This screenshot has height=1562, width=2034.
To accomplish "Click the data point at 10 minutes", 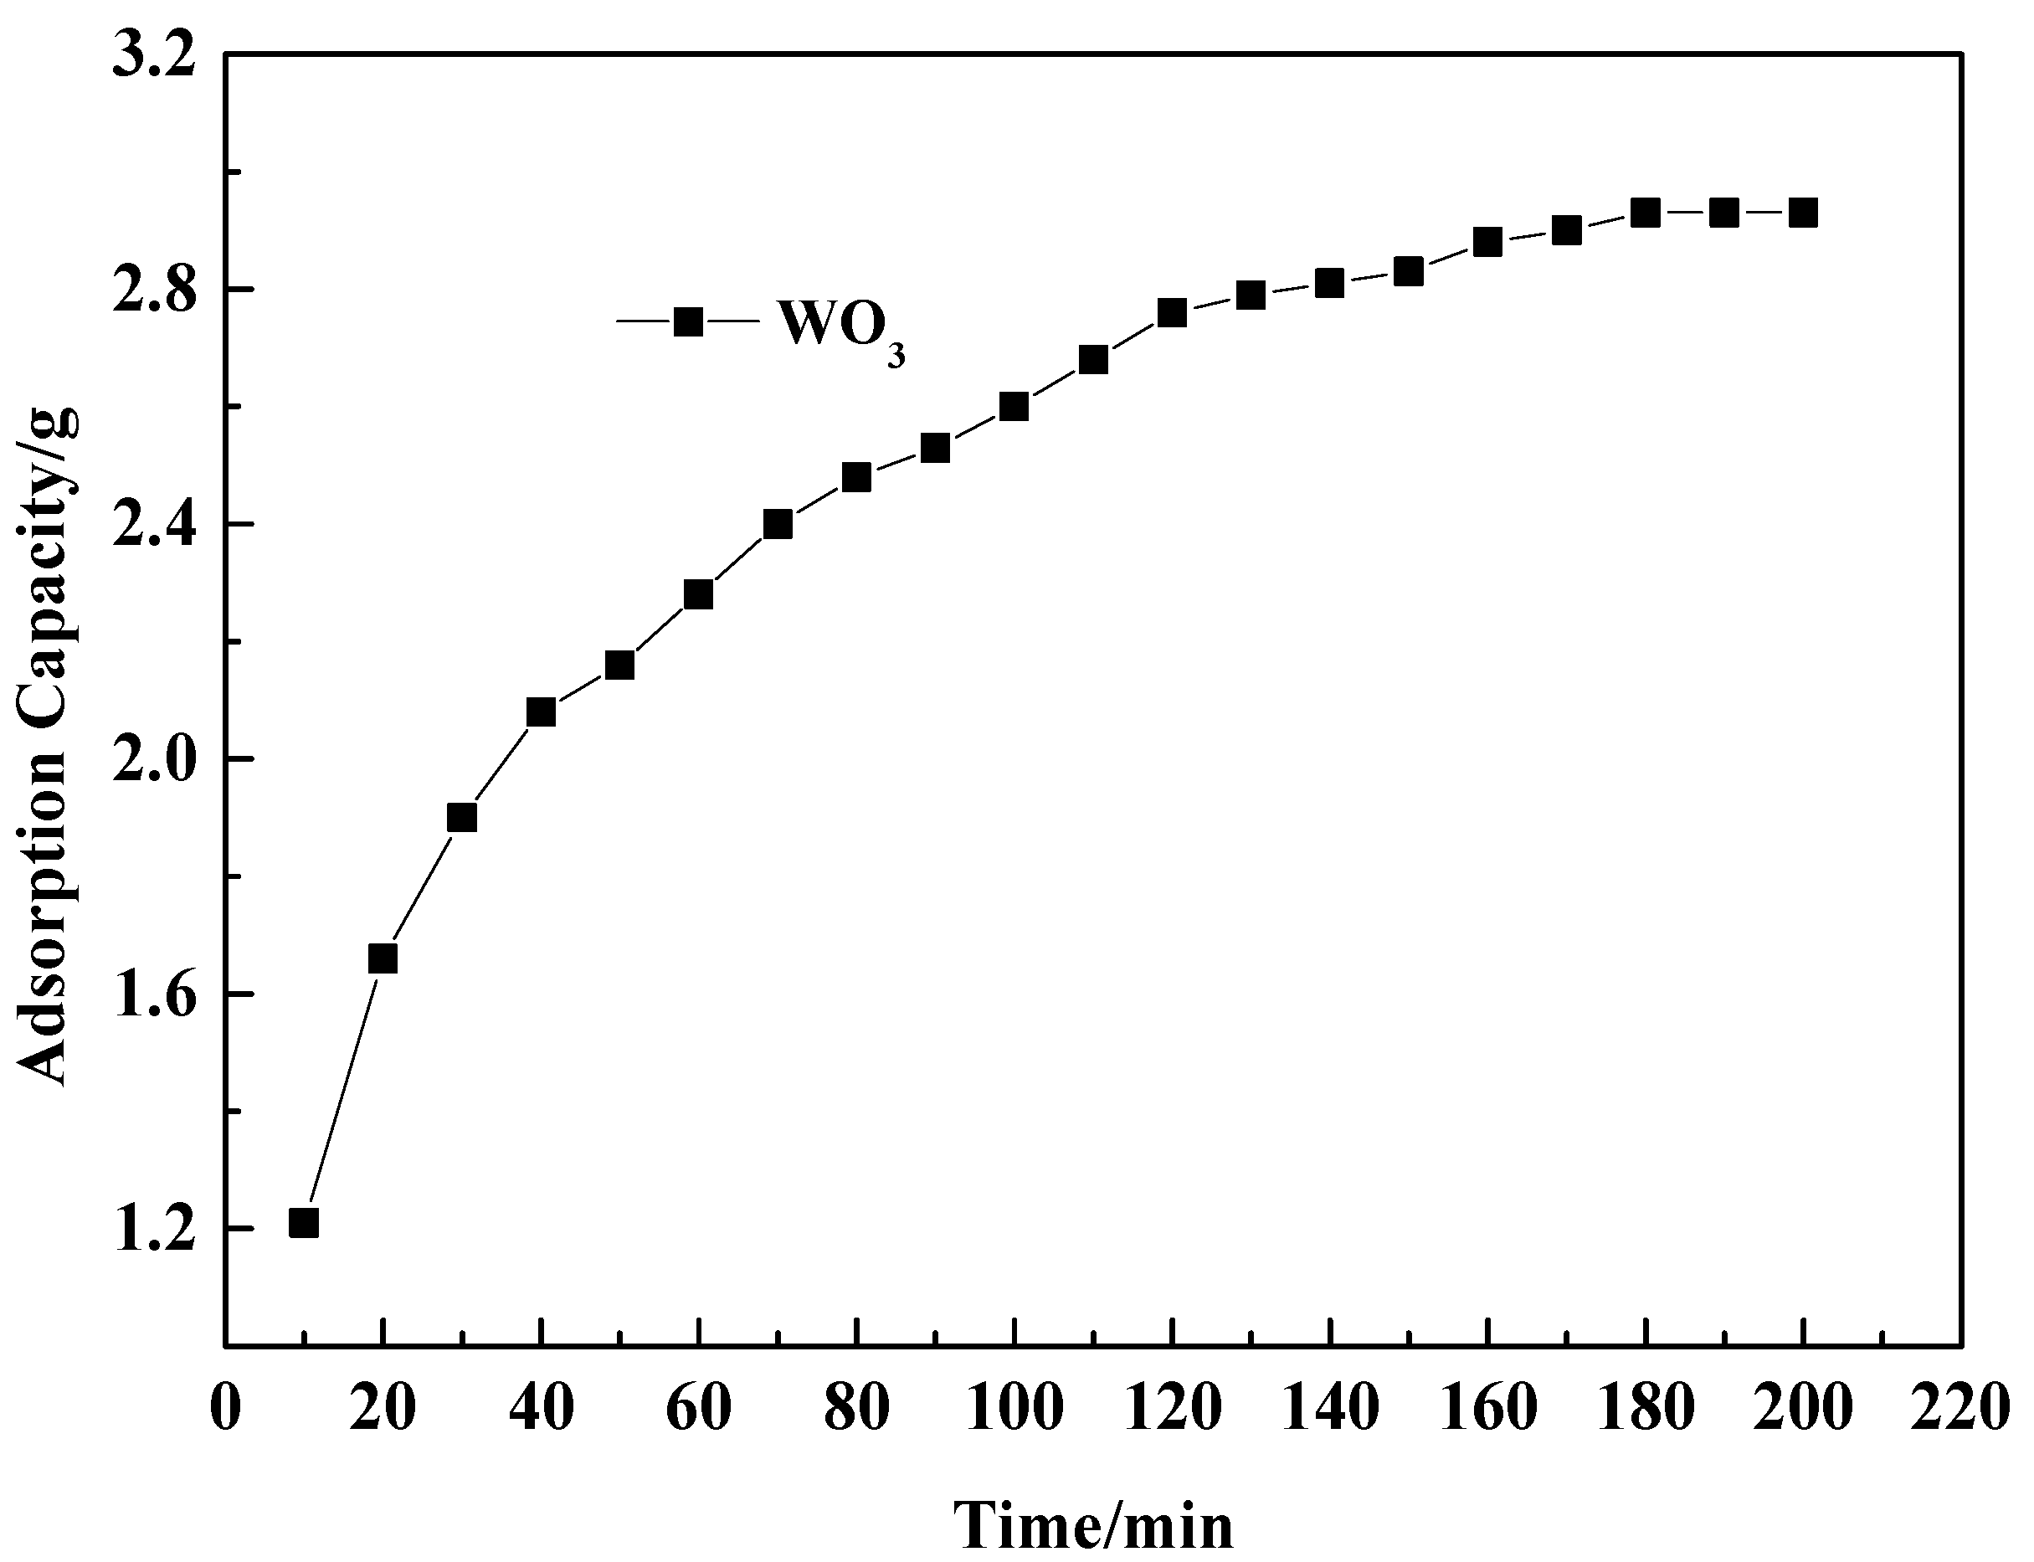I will coord(304,1224).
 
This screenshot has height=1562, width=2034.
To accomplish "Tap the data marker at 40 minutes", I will coord(540,712).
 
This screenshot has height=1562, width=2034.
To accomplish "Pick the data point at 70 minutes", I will coord(777,524).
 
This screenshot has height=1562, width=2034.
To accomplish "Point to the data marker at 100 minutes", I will coord(1014,406).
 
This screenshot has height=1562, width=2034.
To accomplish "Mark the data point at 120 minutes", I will coord(1172,313).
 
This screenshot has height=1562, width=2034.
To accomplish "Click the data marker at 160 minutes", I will coord(1487,243).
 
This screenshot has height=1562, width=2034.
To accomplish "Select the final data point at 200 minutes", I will coord(1804,213).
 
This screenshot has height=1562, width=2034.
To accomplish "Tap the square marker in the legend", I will coord(688,321).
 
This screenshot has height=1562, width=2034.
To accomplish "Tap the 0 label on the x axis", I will coord(226,1410).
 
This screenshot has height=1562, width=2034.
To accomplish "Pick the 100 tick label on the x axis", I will coord(1014,1410).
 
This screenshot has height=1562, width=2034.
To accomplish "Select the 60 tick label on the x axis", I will coord(698,1410).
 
